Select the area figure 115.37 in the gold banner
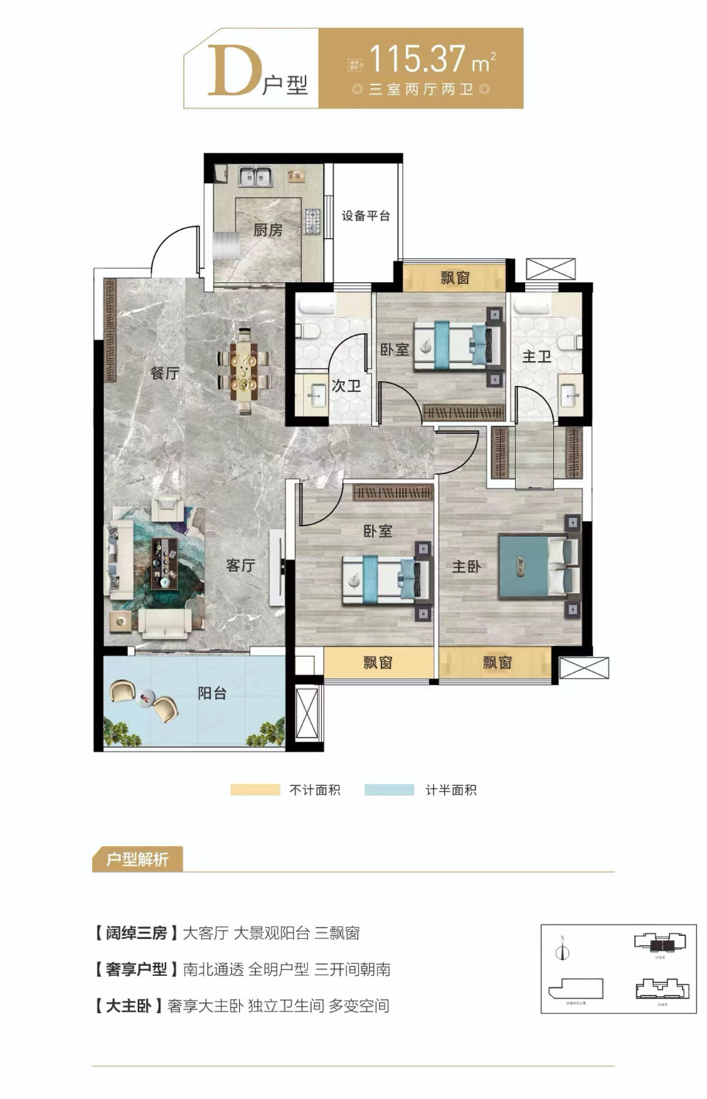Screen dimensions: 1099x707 coord(417,59)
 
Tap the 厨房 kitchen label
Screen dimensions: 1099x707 coord(268,230)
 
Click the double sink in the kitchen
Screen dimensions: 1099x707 coord(255,176)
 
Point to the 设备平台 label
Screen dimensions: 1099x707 coord(366,216)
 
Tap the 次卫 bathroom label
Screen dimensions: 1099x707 coord(346,386)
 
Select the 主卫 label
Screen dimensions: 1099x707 coord(537,356)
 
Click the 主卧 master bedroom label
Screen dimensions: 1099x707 coord(467,566)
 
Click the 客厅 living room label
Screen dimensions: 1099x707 coord(240,565)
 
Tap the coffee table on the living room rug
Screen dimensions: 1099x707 coord(164,563)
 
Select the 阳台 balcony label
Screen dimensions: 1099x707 coord(211,693)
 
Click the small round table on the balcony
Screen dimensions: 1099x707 coord(146,698)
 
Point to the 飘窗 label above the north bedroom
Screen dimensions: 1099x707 coord(455,278)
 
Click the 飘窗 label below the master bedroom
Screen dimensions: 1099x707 coord(497,662)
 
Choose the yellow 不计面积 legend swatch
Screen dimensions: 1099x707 coord(255,790)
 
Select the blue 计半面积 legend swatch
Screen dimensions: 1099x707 coord(389,790)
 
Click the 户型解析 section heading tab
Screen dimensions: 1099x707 coord(137,859)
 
